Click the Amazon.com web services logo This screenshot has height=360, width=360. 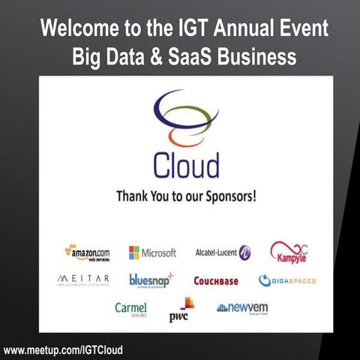click(x=87, y=253)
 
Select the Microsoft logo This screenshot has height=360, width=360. click(x=152, y=253)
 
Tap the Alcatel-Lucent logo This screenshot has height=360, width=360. click(x=223, y=253)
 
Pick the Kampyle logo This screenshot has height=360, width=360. click(x=289, y=253)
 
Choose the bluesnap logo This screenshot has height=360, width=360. click(x=151, y=280)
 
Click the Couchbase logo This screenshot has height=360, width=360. click(x=216, y=281)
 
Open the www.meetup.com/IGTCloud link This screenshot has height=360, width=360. click(x=63, y=349)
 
